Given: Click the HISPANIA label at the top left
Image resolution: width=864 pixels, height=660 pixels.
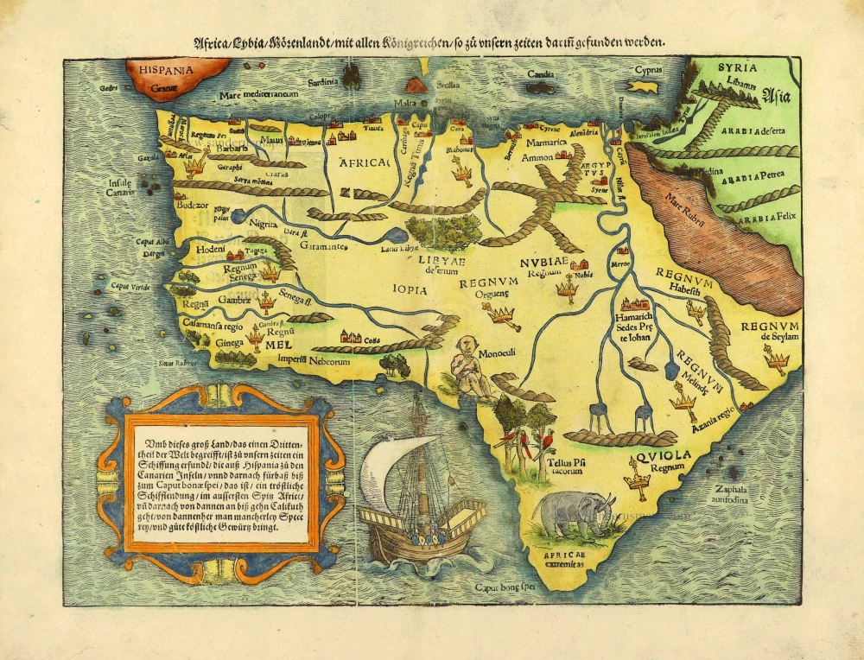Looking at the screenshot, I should [161, 66].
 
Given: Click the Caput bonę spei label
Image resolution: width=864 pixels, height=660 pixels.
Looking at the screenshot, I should [503, 587].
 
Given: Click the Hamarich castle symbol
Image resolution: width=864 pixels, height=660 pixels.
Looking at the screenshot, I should [634, 305].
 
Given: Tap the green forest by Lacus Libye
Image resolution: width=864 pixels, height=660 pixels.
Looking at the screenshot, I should [442, 232].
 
